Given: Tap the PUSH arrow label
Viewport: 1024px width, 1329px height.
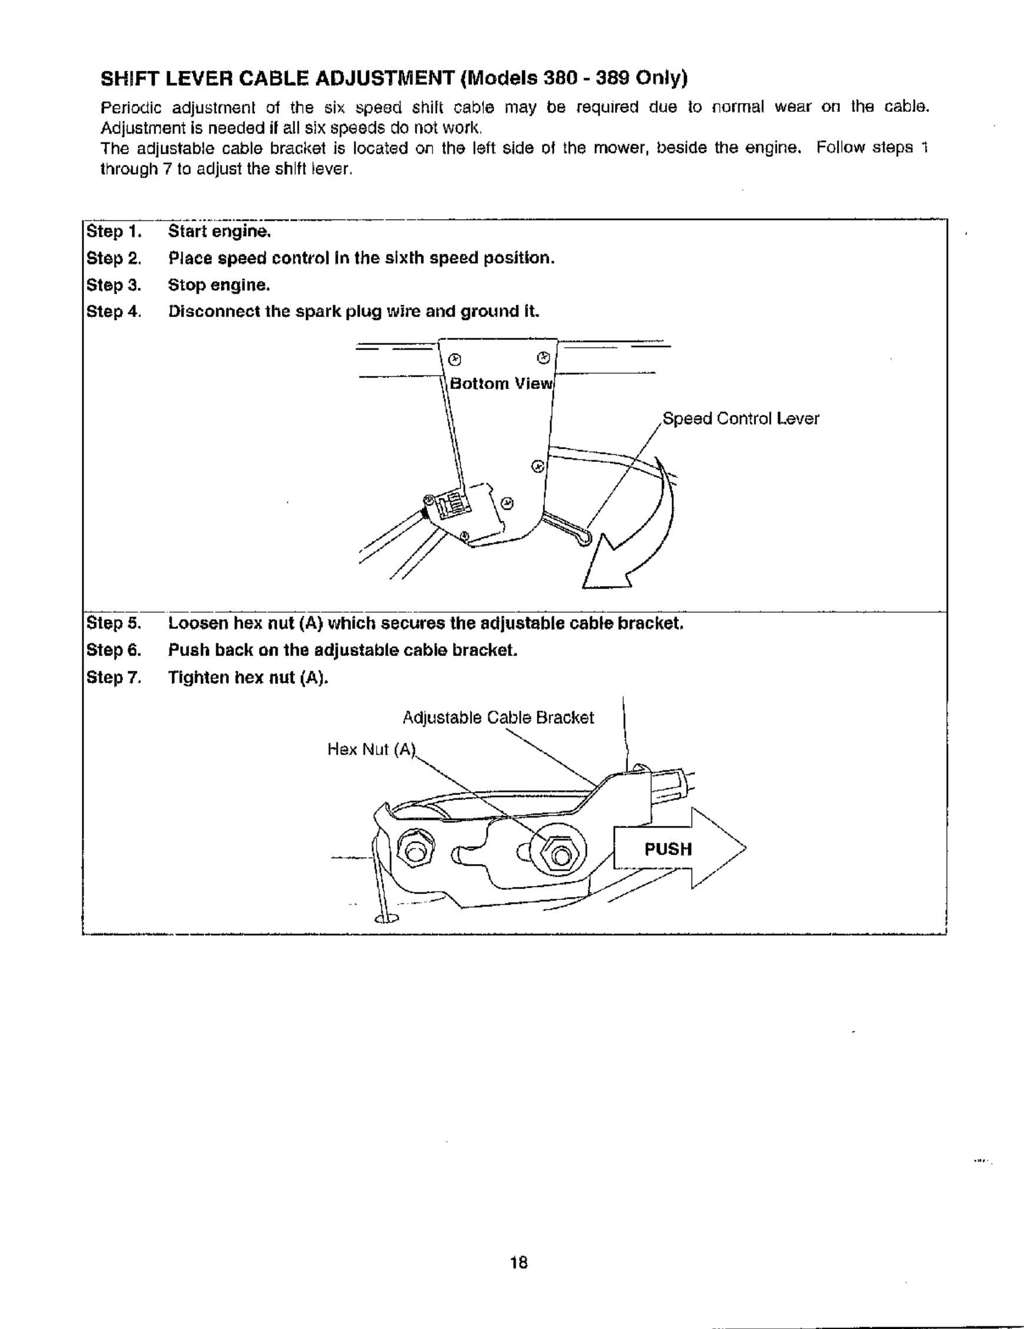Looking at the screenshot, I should [x=667, y=849].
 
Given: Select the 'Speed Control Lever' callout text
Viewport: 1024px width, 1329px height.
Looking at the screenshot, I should [x=740, y=418].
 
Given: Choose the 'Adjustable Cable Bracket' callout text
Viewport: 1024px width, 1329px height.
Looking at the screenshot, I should [x=498, y=717].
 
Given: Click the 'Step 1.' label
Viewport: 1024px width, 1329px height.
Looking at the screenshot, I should [x=114, y=232].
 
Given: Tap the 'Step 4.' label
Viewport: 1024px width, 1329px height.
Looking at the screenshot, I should [x=114, y=311].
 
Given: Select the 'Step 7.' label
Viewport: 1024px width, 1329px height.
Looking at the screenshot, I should [x=114, y=677].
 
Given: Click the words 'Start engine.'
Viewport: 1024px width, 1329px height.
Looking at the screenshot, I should [x=219, y=232].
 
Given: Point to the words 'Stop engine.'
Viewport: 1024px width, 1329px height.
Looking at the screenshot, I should [x=219, y=285].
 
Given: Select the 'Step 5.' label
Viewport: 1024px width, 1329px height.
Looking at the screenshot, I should [x=114, y=624].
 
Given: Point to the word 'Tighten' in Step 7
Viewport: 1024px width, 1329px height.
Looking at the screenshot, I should [x=198, y=677].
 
